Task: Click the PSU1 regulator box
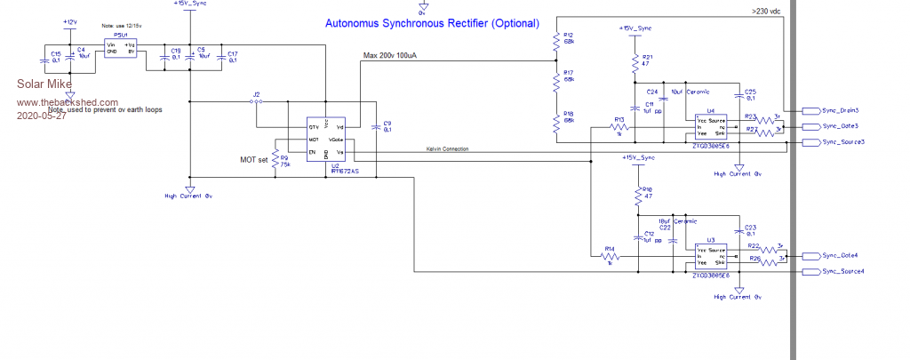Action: (121, 48)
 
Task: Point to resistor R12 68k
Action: (555, 41)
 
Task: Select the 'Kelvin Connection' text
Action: (445, 148)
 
